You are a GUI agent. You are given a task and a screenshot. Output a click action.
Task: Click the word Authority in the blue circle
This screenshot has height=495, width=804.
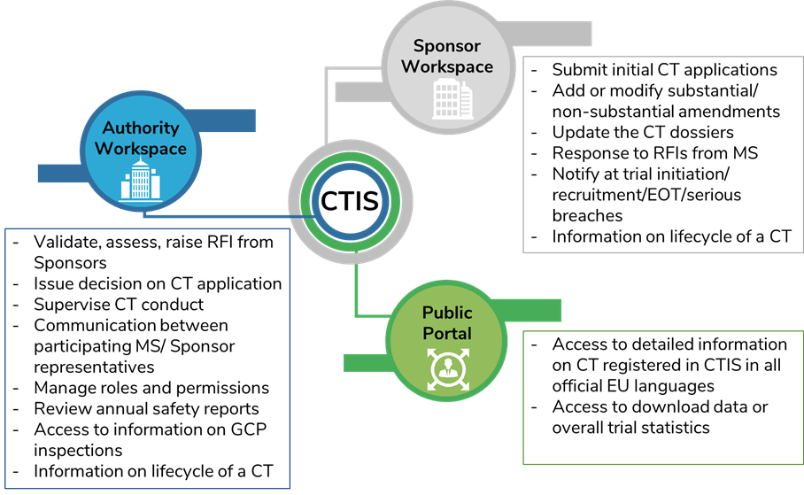click(140, 128)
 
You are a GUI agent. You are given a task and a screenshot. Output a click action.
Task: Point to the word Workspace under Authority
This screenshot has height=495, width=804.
click(140, 149)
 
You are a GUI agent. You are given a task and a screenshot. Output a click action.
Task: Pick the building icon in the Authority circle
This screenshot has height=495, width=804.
click(140, 181)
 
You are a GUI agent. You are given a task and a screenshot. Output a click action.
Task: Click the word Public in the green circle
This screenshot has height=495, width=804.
click(447, 313)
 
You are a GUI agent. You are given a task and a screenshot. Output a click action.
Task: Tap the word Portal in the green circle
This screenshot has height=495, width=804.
click(447, 334)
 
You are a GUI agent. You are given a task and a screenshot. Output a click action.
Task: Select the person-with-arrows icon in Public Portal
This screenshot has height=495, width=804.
click(446, 369)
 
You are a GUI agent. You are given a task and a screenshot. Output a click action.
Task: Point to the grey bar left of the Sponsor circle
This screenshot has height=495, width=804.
click(359, 91)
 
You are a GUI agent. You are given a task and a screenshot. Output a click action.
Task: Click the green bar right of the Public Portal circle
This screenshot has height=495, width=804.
click(530, 310)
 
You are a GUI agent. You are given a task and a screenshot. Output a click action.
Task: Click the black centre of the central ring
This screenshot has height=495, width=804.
click(351, 201)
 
